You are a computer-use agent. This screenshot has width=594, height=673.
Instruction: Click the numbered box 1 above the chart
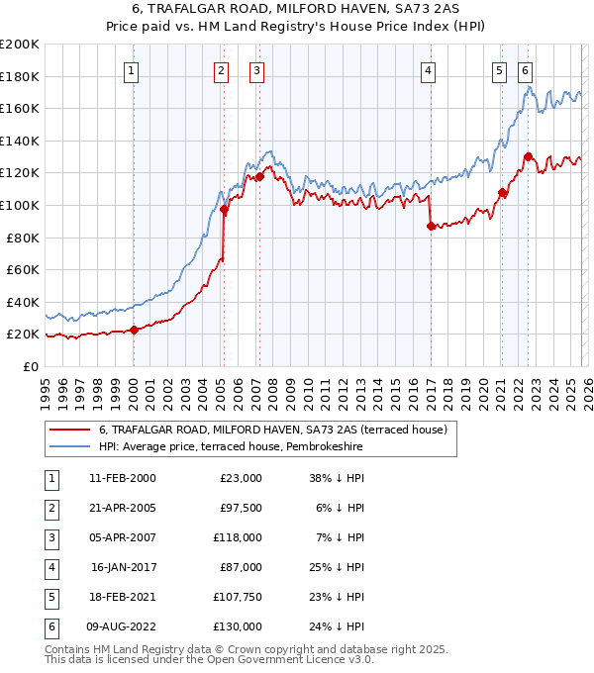[x=132, y=70]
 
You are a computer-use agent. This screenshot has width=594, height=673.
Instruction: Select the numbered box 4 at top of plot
[x=428, y=70]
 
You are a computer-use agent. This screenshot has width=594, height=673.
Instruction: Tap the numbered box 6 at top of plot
[x=524, y=70]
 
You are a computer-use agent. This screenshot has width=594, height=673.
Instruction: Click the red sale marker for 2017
[x=430, y=226]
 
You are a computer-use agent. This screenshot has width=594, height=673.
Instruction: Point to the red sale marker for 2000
[x=135, y=330]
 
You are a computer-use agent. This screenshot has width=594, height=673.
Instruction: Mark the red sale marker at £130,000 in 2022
[x=528, y=156]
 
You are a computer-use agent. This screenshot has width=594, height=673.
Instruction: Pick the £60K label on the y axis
[x=23, y=269]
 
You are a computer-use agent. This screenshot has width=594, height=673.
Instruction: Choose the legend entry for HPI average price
[x=231, y=447]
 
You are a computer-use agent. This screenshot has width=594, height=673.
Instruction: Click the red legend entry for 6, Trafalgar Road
[x=273, y=430]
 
